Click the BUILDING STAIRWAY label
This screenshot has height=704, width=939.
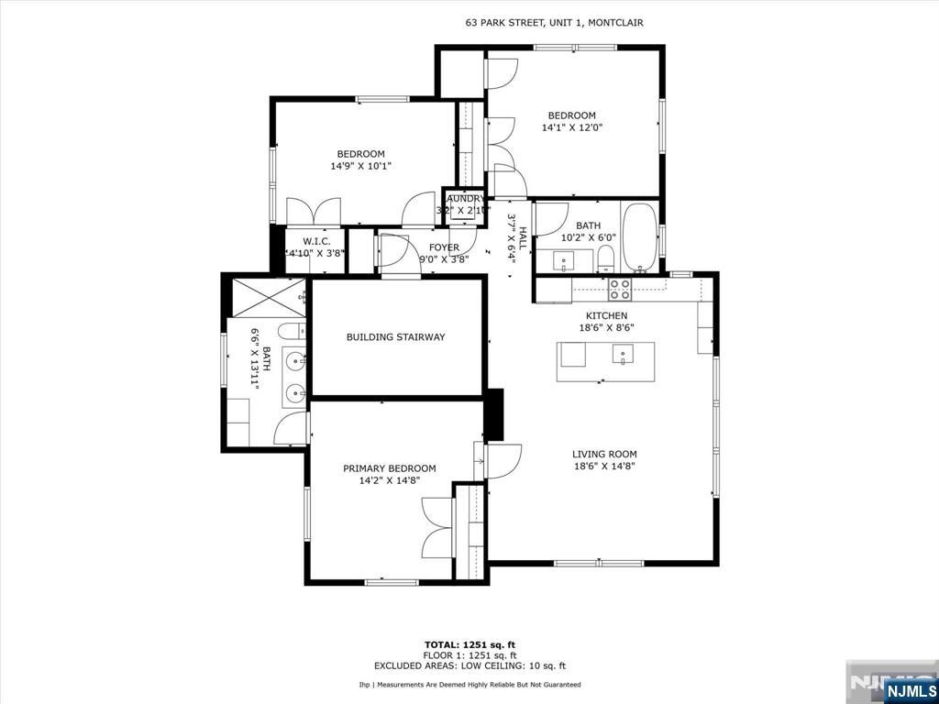(395, 337)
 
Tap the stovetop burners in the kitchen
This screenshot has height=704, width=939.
(620, 290)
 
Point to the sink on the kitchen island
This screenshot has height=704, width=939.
(624, 354)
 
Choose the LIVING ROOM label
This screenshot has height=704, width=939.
(604, 454)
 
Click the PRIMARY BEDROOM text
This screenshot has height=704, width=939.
(390, 468)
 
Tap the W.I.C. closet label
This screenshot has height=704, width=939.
(315, 241)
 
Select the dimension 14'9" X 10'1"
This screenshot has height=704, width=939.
(360, 167)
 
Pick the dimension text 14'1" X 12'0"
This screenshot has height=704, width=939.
(572, 128)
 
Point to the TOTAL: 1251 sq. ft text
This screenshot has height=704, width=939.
(469, 644)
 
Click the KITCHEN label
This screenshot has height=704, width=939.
(600, 315)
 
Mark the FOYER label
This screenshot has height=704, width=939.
(444, 247)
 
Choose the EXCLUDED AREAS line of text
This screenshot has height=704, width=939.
(469, 666)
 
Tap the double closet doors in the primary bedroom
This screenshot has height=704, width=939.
(437, 527)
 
